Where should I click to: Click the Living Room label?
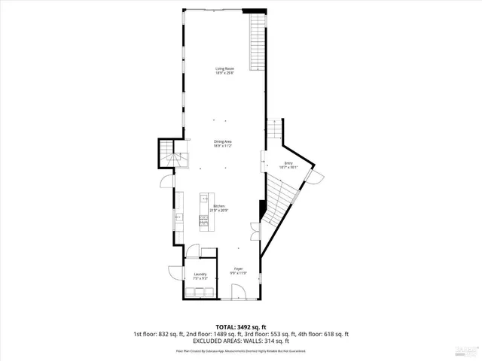pyautogui.click(x=224, y=71)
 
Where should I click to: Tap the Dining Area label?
pyautogui.click(x=222, y=143)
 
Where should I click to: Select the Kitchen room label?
pyautogui.click(x=220, y=208)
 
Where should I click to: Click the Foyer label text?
pyautogui.click(x=237, y=270)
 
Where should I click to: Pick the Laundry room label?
pyautogui.click(x=200, y=276)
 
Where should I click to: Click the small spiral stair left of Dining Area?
pyautogui.click(x=170, y=156)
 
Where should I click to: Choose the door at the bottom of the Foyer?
pyautogui.click(x=239, y=296)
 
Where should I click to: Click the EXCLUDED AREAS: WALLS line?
pyautogui.click(x=240, y=341)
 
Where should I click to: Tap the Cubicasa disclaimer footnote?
pyautogui.click(x=240, y=351)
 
